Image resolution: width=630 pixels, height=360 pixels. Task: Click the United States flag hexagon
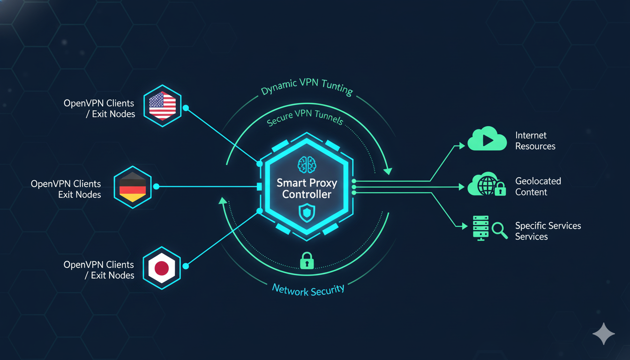[162, 105]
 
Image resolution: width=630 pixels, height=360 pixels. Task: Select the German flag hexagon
[133, 187]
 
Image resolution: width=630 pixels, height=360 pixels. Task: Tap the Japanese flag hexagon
[162, 268]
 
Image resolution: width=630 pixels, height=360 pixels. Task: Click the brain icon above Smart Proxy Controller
[307, 165]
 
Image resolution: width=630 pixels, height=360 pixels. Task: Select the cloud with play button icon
[487, 139]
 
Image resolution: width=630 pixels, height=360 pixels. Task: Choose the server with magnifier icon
[489, 228]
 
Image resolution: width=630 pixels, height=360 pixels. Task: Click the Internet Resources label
[535, 141]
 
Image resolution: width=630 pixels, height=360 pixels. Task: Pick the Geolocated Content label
[538, 187]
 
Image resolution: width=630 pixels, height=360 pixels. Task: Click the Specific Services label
[547, 231]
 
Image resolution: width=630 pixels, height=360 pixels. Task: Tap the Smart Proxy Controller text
[307, 188]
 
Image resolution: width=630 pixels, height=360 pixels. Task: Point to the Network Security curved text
[308, 290]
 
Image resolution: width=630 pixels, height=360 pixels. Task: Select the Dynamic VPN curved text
[307, 87]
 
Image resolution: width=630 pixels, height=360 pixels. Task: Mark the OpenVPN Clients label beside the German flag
[66, 189]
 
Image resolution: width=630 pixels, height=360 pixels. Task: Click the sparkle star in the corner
[604, 334]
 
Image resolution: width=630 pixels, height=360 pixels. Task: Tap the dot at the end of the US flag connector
[186, 108]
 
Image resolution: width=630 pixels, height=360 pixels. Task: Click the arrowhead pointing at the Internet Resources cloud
[462, 146]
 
